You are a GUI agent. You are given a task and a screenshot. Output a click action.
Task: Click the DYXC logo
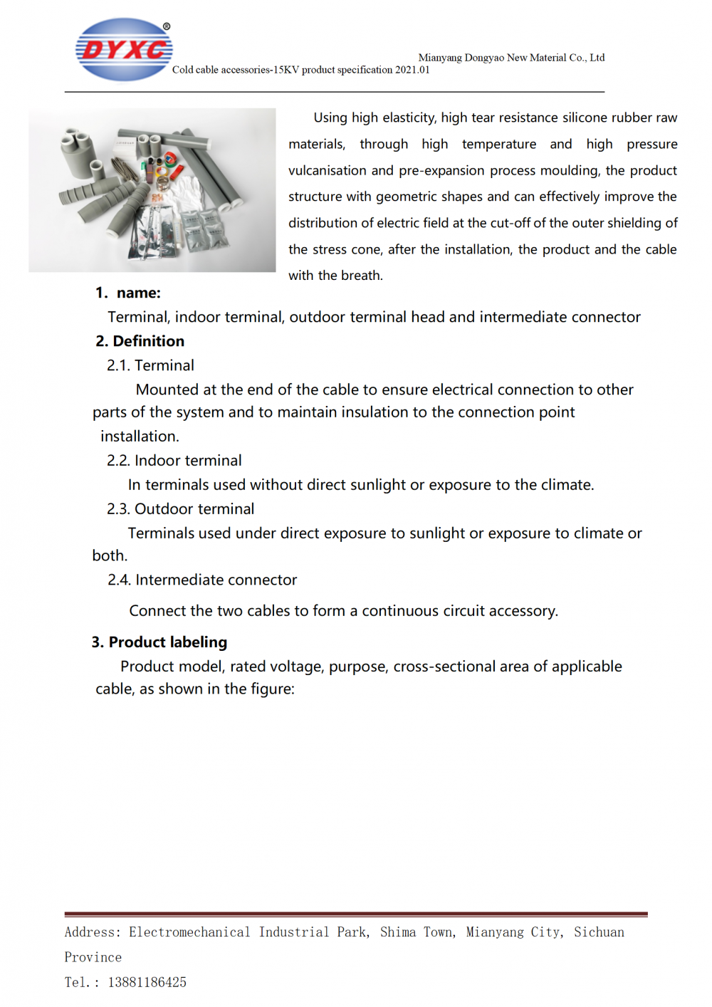(x=124, y=49)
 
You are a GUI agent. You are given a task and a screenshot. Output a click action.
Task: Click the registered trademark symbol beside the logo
(x=167, y=26)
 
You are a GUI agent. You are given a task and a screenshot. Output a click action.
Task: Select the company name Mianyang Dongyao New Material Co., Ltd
(x=511, y=58)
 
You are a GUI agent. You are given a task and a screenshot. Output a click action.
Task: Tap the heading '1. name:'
(x=128, y=293)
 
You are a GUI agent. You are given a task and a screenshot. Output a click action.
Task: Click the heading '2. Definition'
(x=140, y=341)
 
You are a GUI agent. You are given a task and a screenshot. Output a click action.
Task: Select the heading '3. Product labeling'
(x=159, y=642)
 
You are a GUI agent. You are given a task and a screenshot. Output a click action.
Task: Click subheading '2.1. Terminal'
(x=150, y=365)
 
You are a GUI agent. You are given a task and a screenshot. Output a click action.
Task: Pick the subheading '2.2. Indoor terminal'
(x=174, y=461)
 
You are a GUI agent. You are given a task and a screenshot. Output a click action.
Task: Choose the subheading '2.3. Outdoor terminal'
(x=180, y=509)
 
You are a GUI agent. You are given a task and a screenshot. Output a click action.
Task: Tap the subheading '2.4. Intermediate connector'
(x=202, y=580)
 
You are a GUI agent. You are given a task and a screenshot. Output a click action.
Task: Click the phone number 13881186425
(x=147, y=983)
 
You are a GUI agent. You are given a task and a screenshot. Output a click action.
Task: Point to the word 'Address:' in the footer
(x=93, y=932)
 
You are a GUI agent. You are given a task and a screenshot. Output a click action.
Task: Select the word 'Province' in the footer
(x=93, y=958)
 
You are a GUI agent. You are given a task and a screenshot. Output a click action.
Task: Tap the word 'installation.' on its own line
(x=140, y=437)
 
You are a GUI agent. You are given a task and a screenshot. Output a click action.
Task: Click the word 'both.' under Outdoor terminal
(x=110, y=556)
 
